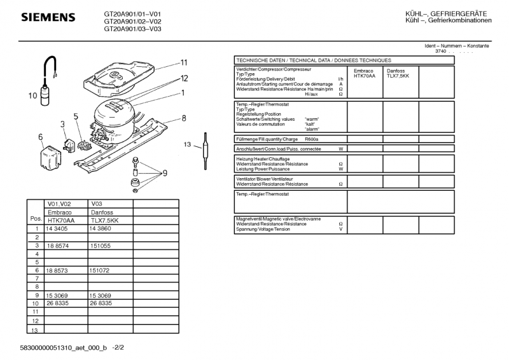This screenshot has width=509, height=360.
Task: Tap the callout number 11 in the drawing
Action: click(183, 62)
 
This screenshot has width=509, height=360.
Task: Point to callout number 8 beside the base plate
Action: click(183, 118)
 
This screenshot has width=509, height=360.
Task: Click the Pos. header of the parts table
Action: click(36, 218)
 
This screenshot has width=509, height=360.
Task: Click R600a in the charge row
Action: click(311, 139)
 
